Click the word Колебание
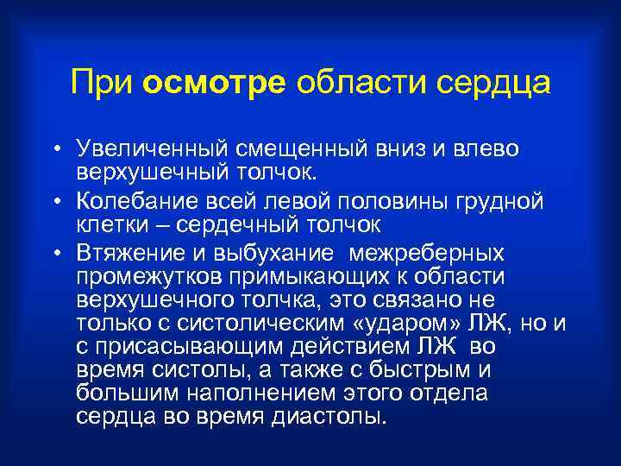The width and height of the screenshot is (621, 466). point(130,202)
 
